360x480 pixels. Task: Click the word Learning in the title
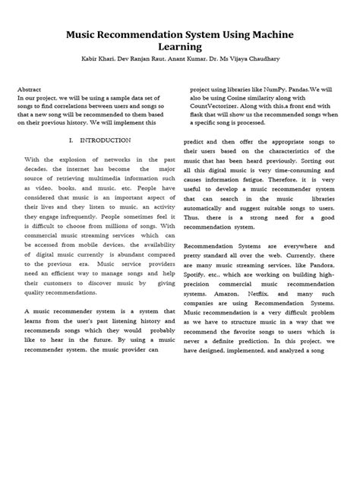[179, 46]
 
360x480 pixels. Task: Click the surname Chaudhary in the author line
[274, 58]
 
